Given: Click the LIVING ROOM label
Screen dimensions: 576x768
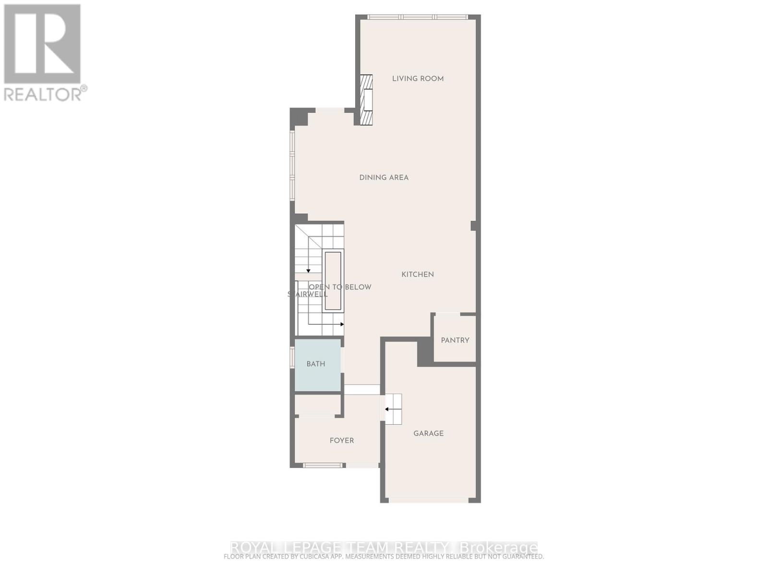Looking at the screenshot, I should point(418,79).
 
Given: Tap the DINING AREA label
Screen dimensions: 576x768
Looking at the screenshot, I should point(384,178).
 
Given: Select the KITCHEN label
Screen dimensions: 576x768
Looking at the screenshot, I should point(418,275).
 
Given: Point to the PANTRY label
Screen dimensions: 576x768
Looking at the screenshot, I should point(455,340).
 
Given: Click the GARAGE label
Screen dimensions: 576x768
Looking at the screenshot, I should point(428,433).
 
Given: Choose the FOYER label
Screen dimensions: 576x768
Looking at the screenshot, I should point(341,441).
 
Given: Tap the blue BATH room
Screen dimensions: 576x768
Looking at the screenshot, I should point(317,364).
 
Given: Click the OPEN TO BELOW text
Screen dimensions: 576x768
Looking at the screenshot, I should point(340,287).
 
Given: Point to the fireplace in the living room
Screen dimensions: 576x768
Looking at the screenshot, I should point(367,100).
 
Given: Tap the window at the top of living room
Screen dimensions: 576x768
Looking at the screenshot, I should point(417,17).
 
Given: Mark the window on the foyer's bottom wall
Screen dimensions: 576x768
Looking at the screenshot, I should point(323,465).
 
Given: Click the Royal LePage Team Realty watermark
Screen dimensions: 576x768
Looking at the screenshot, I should point(384,547).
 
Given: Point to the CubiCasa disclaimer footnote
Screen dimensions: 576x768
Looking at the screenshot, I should point(384,557).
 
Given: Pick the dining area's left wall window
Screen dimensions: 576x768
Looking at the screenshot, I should point(292,165).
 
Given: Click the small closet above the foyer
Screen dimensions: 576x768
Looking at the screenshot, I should point(317,405).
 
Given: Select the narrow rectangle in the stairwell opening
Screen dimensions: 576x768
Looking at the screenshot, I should point(333,281).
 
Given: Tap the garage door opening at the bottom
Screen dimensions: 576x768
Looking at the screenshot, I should point(428,500).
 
